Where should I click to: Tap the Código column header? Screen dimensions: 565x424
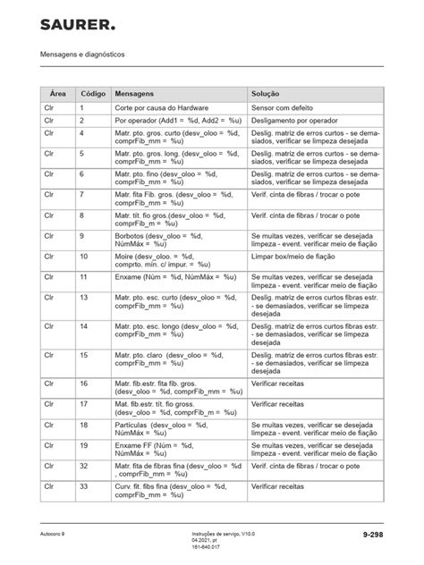[92, 93]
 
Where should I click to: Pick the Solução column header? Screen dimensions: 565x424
[268, 93]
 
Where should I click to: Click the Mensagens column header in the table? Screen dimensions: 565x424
[134, 93]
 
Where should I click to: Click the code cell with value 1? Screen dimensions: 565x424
[82, 107]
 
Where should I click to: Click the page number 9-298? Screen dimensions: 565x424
[371, 534]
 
